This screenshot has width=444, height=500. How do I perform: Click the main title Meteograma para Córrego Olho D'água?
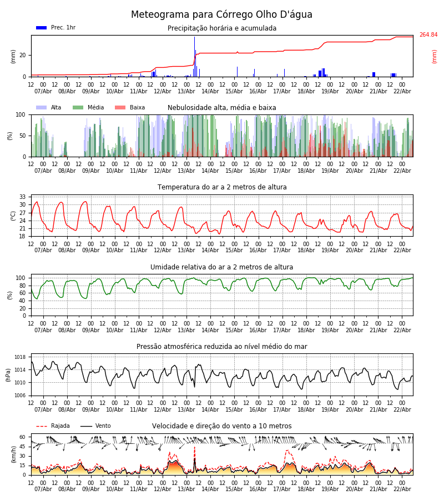pos(221,14)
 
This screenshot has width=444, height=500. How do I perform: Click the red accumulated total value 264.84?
pos(428,35)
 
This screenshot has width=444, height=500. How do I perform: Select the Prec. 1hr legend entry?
pos(56,28)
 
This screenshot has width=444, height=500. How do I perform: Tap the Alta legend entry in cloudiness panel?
pos(49,108)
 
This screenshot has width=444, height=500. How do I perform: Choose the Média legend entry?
pos(88,108)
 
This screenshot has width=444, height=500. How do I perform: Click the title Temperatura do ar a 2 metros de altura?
pos(222,187)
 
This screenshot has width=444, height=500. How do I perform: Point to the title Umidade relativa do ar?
pos(222,267)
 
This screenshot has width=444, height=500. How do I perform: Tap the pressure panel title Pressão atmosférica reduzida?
pos(222,347)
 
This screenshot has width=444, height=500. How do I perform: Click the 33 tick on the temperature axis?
pos(23,197)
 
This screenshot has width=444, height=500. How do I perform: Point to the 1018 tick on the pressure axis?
pos(20,357)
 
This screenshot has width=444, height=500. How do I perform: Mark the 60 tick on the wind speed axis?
pos(23,437)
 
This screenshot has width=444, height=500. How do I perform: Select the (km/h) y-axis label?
pos(13,454)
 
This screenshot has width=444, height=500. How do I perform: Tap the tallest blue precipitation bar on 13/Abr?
pos(194,56)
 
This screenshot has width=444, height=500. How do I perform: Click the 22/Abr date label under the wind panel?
pos(402,489)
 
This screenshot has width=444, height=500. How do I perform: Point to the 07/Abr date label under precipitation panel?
pos(43,92)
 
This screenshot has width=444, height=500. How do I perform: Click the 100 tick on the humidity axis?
pos(21,278)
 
